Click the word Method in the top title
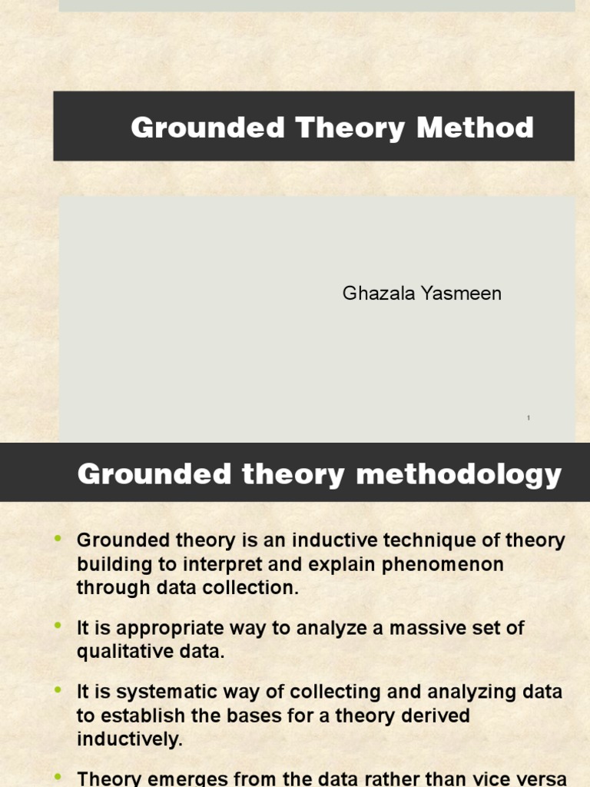pos(476,128)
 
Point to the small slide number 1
pos(529,418)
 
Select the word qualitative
pos(123,652)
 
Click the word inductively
pos(129,739)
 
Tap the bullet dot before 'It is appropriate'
pos(58,627)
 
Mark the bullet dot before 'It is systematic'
pos(58,691)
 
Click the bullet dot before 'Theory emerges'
pos(58,776)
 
